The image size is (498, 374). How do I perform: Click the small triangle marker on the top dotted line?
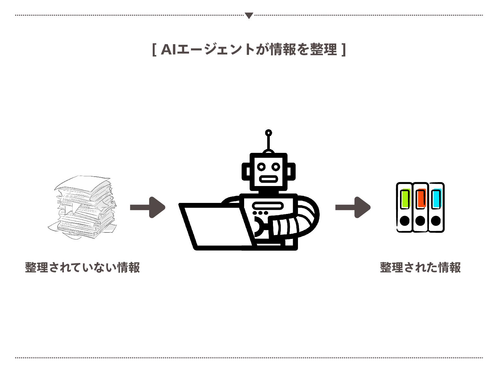(249, 15)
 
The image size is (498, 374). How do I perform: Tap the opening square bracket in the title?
(154, 50)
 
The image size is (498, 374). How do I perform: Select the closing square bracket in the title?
(344, 50)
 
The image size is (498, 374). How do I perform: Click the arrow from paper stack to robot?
(148, 207)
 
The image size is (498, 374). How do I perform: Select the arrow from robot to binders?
(353, 207)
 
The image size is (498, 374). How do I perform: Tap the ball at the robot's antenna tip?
(268, 133)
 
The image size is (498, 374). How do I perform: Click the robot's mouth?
(268, 179)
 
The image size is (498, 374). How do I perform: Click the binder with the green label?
(405, 207)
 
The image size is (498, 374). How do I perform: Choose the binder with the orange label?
(421, 207)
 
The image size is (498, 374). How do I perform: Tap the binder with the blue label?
(436, 207)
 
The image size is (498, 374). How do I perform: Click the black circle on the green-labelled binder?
(405, 221)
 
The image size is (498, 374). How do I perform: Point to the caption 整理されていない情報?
(82, 268)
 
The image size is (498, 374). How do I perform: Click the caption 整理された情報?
(420, 268)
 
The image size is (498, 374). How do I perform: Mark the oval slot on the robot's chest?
(268, 206)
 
